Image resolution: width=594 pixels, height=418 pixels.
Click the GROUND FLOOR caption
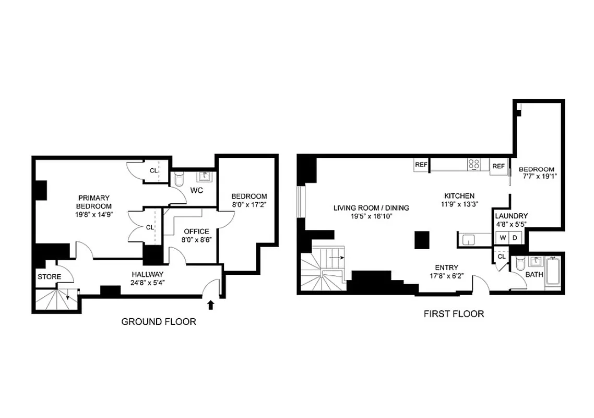[x=159, y=322]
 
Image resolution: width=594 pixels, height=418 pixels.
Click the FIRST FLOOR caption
[x=453, y=314]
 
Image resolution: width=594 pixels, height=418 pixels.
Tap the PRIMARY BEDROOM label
[x=94, y=202]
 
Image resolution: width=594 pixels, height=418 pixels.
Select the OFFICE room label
[x=196, y=231]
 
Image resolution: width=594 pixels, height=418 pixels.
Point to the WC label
[x=196, y=190]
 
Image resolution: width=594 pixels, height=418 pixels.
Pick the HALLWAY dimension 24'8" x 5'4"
[x=148, y=283]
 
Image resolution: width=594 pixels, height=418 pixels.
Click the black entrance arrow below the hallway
[x=211, y=304]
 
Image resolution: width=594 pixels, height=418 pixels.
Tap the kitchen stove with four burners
[x=473, y=164]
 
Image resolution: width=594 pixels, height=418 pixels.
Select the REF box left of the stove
[x=421, y=165]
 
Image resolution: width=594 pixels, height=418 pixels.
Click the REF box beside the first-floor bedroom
[x=498, y=166]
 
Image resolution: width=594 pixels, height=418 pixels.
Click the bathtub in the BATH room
[x=552, y=271]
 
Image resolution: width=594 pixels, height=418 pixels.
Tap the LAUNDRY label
[x=511, y=216]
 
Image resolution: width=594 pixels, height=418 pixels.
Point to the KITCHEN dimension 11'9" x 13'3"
[x=459, y=204]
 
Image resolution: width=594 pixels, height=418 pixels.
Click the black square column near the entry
[x=422, y=241]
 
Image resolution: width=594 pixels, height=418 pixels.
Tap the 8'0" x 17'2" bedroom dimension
[x=249, y=204]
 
